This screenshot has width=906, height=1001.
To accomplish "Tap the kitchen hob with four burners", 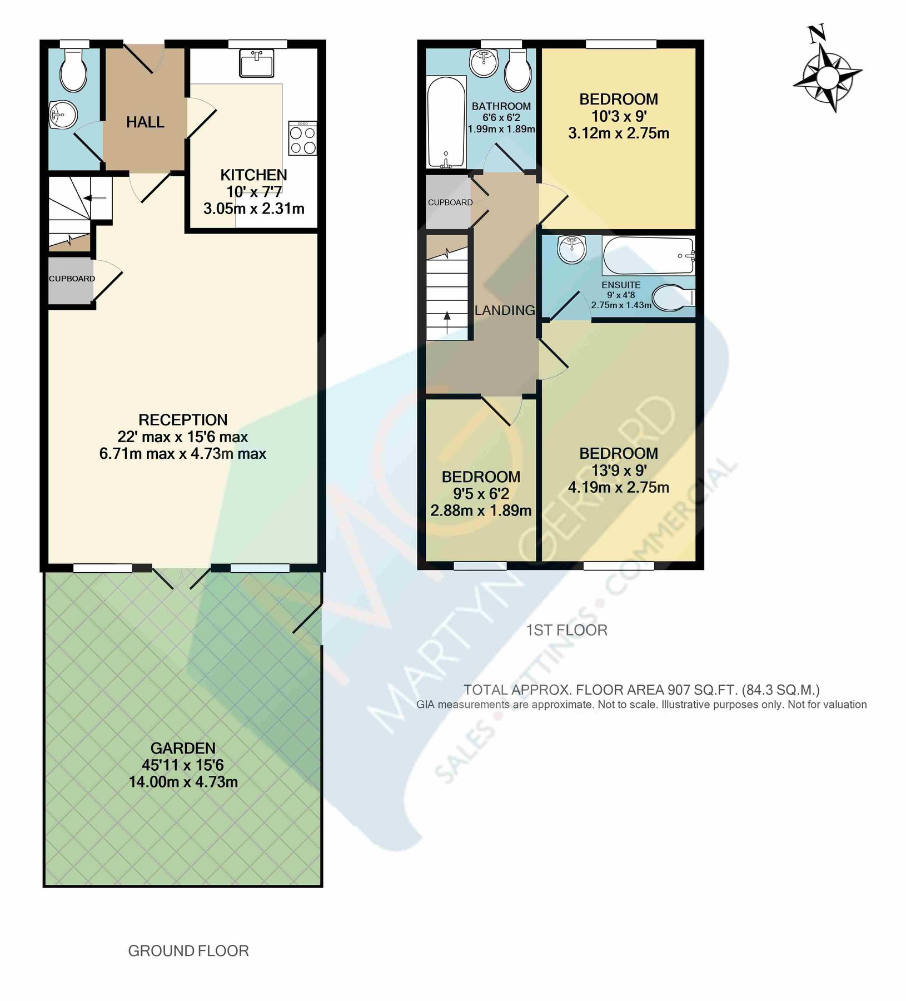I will pos(302,138).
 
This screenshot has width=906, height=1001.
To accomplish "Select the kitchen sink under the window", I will pos(257,63).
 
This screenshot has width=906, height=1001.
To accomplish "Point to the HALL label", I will pos(145,122).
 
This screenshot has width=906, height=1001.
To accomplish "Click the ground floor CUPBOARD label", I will pos(72,279).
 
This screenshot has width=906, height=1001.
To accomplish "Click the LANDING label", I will pos(505,310).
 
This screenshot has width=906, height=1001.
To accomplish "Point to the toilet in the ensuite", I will pos(671,298).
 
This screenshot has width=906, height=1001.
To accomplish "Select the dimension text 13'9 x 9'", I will pos(618,470).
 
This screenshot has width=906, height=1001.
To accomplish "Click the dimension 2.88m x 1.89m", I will pos(481,511).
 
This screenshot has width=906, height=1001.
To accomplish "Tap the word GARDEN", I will pos(183,748).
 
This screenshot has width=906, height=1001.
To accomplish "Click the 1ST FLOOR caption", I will pos(566,630).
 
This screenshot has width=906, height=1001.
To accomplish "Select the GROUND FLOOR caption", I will pos(188,951).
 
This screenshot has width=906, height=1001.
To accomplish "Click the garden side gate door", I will pos(307,619).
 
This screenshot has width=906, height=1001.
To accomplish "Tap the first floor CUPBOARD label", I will pos(450,202).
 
